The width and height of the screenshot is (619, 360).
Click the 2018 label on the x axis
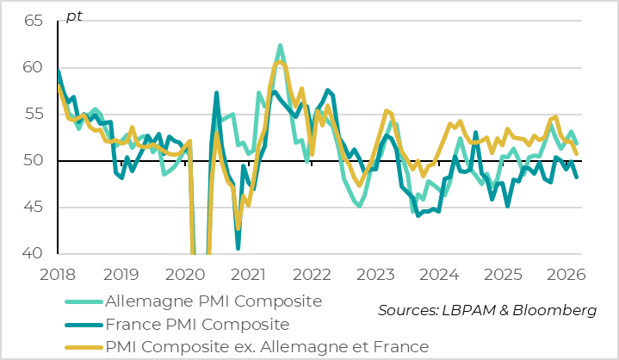point(58,276)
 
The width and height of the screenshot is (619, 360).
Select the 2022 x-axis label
point(312,276)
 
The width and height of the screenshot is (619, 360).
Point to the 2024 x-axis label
point(439,276)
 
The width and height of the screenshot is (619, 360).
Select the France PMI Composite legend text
point(195,325)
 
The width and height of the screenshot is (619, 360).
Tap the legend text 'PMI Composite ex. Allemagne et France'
point(266,347)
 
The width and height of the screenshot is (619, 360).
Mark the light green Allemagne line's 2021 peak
point(280,46)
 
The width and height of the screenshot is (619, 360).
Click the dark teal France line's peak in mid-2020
point(216,92)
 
